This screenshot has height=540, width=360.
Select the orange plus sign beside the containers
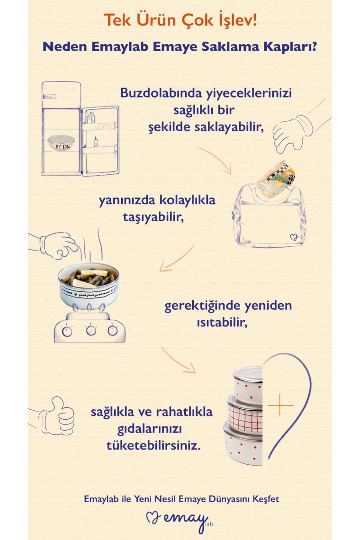tap(280, 405)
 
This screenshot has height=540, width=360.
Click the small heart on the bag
tap(293, 237)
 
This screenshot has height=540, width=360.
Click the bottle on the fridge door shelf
tap(96, 141)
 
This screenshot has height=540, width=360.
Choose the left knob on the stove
tap(67, 331)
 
